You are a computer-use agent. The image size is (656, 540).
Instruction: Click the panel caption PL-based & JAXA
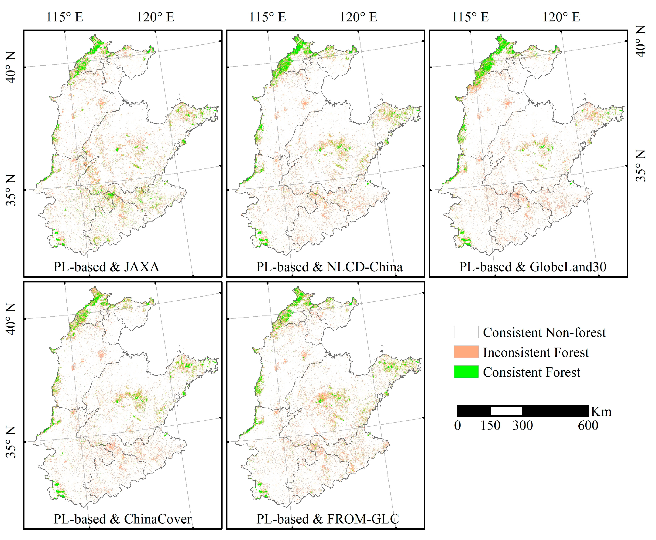106,267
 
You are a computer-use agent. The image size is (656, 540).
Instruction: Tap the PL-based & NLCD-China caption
329,267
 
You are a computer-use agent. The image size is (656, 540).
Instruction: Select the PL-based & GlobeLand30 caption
533,267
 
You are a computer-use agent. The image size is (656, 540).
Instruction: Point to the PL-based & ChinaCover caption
122,519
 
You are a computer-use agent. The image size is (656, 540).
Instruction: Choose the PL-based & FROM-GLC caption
327,519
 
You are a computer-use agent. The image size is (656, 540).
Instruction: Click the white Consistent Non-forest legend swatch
466,332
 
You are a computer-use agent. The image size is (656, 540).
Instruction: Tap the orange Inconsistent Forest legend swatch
466,352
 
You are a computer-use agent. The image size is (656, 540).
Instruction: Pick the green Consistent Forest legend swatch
466,372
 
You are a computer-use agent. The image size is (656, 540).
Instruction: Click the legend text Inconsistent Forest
536,352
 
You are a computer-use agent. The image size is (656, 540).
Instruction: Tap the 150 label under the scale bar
491,426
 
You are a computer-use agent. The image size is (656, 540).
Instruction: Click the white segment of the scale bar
506,411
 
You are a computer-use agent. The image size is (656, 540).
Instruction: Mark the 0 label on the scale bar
457,426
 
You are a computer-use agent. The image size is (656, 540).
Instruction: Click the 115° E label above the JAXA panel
65,17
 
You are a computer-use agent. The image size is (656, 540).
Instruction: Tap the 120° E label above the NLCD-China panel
358,17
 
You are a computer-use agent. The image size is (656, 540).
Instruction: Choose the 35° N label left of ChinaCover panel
11,442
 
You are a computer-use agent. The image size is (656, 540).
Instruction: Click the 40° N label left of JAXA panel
11,67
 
